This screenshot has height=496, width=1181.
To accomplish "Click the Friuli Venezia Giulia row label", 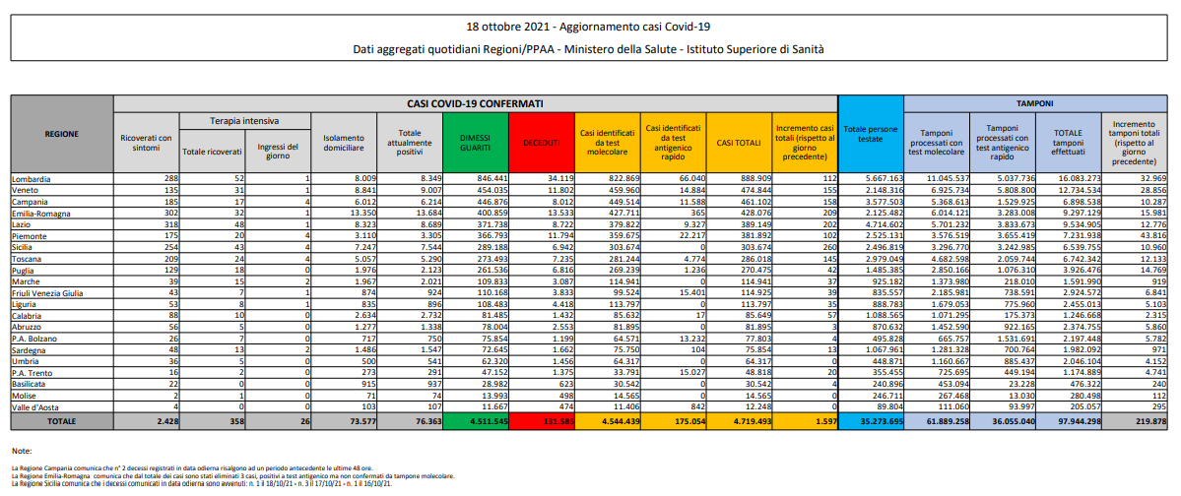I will (x=46, y=293).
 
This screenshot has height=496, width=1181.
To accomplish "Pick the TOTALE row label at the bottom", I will (x=61, y=420).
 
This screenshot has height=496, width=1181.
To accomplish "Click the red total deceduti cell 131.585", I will (x=541, y=421).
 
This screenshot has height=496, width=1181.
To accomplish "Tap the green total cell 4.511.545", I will (x=476, y=421).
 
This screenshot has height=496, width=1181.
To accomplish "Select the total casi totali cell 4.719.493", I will (x=738, y=421).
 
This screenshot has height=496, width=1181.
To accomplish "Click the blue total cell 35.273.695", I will (x=870, y=421).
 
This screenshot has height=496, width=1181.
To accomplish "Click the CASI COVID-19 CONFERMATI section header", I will (x=475, y=101).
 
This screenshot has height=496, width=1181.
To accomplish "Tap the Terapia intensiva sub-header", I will (x=243, y=120).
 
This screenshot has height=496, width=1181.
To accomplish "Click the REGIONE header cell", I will (x=61, y=133).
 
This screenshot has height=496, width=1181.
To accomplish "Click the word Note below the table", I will (x=21, y=450).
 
